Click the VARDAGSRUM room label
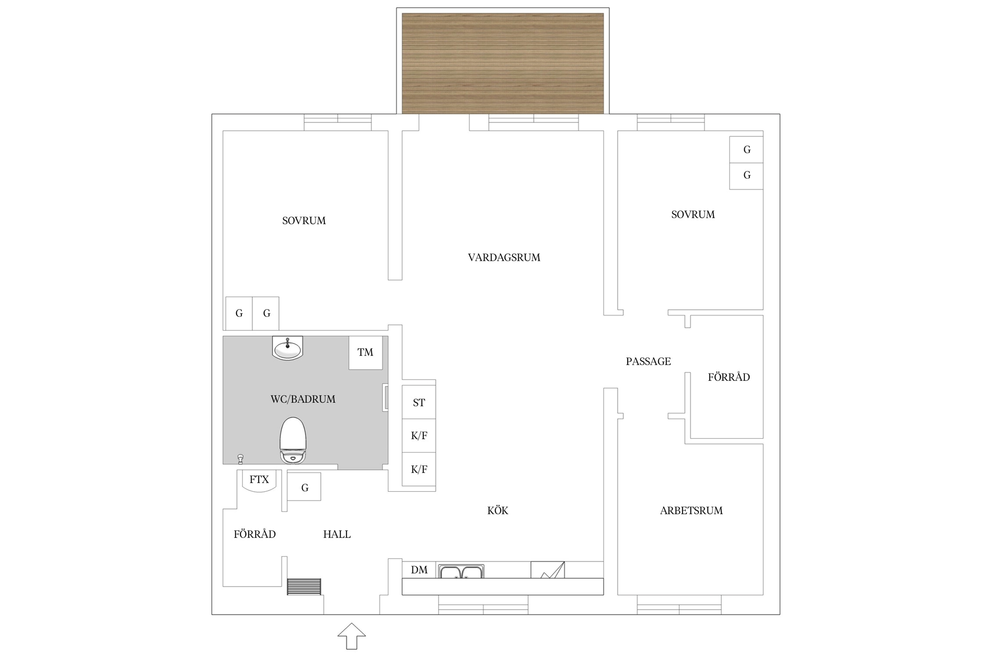[504, 257]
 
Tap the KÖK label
[498, 510]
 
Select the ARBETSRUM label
[691, 510]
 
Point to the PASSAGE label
[648, 361]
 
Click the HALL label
[337, 534]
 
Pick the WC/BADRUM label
[303, 399]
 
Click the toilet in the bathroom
[293, 440]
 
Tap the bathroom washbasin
[287, 348]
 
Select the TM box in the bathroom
[366, 352]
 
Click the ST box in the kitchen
[419, 402]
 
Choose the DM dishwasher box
[419, 570]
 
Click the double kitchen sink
[461, 571]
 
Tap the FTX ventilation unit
[259, 481]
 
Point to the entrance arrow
[352, 636]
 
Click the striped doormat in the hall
[304, 587]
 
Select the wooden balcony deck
[503, 64]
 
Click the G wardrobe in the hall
[304, 487]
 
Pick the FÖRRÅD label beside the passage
[728, 377]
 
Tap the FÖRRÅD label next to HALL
[255, 534]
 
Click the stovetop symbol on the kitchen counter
[548, 570]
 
